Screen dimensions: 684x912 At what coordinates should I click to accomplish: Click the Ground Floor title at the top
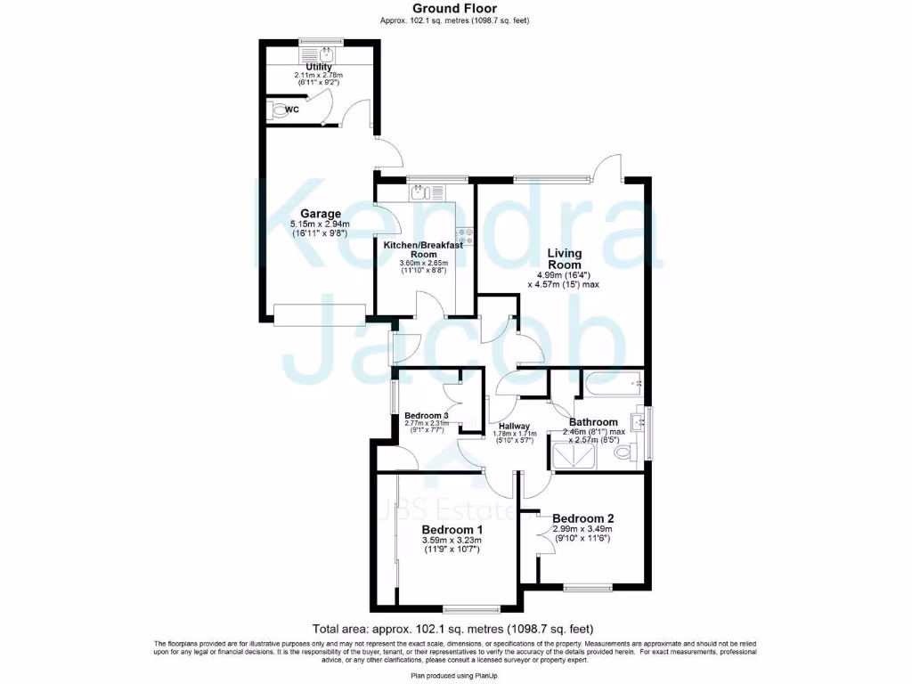[x=455, y=8]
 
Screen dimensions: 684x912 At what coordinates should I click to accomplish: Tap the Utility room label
[x=319, y=67]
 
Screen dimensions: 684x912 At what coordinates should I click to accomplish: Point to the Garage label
[x=321, y=214]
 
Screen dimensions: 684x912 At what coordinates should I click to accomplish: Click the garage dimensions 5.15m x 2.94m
[x=318, y=224]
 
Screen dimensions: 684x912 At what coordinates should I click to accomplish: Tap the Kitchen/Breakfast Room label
[x=423, y=249]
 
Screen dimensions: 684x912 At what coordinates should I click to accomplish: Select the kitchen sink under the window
[x=419, y=191]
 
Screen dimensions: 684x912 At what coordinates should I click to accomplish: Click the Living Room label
[x=565, y=259]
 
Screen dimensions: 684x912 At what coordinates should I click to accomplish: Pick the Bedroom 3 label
[x=425, y=416]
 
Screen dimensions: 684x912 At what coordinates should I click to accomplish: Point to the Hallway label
[x=514, y=427]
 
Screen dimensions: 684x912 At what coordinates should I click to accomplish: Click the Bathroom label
[x=593, y=422]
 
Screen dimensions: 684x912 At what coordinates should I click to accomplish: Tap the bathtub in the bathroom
[x=612, y=387]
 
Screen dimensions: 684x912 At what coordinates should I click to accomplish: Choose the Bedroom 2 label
[x=583, y=518]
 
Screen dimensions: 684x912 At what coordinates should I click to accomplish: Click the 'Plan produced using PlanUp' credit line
[x=455, y=675]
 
